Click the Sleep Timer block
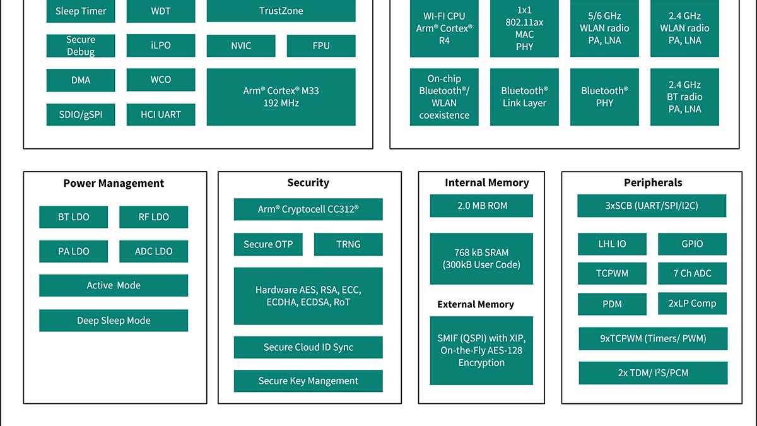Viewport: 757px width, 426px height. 81,11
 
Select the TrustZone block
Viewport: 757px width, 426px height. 281,11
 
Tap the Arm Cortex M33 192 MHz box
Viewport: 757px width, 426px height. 281,97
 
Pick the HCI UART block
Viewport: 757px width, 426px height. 161,114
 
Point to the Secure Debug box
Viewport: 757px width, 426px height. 81,45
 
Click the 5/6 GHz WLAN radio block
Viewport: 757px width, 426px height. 604,28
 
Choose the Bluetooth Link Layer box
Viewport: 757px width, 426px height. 524,97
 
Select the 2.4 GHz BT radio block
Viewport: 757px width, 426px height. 684,97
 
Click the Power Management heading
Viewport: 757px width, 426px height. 114,184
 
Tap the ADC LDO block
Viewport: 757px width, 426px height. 153,251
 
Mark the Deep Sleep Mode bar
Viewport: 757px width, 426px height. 114,320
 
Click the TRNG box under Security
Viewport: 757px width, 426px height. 348,244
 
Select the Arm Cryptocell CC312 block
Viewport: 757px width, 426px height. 308,209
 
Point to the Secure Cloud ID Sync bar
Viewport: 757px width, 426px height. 308,347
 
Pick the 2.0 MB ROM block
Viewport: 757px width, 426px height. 481,206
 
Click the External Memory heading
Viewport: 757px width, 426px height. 476,304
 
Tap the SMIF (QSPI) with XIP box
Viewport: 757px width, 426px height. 481,350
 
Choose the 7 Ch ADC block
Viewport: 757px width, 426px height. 692,273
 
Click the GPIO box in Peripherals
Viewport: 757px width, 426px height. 692,244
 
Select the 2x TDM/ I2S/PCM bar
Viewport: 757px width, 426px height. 653,373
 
